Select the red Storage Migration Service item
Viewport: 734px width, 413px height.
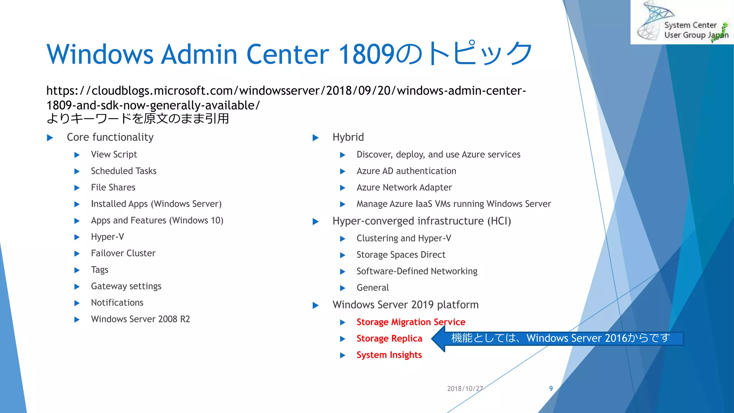pos(411,322)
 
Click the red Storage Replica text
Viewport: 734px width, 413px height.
pos(389,338)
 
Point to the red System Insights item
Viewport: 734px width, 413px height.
pos(389,355)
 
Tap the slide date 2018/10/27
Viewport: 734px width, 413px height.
pos(465,389)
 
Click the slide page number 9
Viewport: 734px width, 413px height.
pos(551,389)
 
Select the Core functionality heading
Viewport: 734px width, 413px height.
pos(110,137)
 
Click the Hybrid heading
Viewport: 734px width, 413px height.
pos(348,137)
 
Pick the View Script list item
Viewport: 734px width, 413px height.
pos(114,155)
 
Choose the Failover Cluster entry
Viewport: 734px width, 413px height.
pos(123,253)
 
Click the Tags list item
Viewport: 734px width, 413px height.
pos(100,270)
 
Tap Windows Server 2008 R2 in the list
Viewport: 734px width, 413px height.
pos(140,319)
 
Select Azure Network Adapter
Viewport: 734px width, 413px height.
pos(404,187)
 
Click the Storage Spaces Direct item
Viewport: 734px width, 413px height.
pos(401,255)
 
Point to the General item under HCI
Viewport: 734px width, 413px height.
pos(372,288)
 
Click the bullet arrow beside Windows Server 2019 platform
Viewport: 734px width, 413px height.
pos(315,305)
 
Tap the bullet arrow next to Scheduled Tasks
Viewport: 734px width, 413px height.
pos(77,172)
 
